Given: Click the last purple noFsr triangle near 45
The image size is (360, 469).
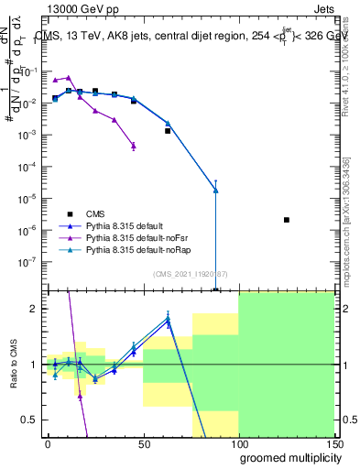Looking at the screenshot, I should (x=134, y=146).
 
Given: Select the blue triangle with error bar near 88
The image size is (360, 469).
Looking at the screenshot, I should (x=215, y=191).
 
